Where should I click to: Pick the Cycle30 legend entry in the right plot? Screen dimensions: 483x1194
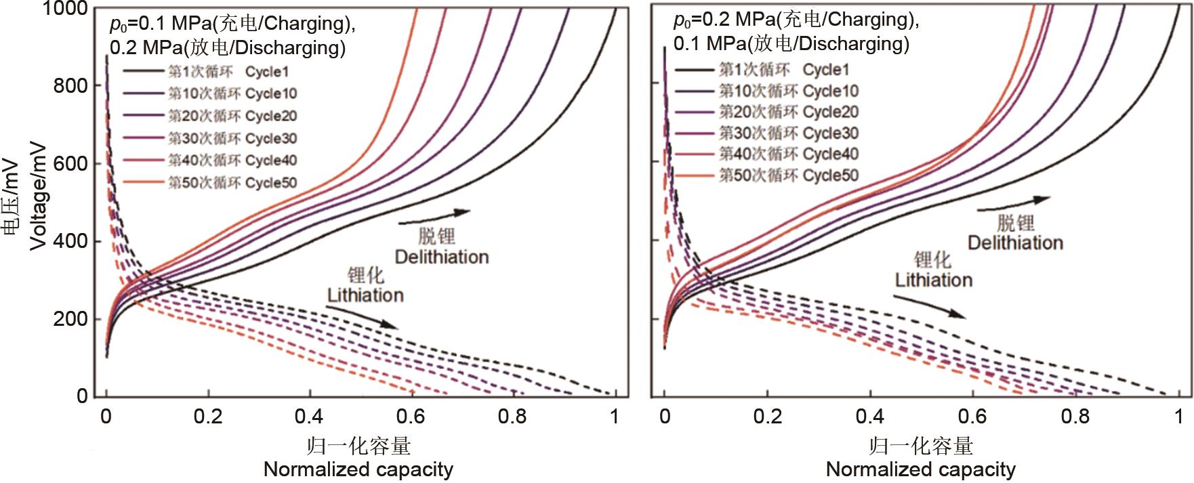coord(788,133)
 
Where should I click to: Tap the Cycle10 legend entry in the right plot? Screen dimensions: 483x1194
coord(788,91)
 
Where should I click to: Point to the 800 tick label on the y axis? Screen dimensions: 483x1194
coord(70,86)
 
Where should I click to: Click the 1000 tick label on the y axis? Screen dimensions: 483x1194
coord(65,9)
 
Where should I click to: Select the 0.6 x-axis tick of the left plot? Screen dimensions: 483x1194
coord(411,417)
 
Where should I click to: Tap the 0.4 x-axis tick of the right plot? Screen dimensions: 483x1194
coord(870,417)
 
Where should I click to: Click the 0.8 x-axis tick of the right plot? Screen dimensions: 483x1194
coord(1075,417)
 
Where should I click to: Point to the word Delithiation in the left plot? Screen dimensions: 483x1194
coord(442,257)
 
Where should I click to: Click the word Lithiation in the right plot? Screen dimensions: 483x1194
coord(933,280)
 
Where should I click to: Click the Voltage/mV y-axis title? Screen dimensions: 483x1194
coord(39,196)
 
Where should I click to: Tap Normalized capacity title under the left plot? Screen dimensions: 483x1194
coord(358,469)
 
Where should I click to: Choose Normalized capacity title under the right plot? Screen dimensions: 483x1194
coord(920,469)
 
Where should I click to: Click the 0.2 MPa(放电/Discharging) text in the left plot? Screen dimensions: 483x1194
coord(228,48)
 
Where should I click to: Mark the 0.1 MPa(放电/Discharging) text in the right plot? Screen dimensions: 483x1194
coord(791,44)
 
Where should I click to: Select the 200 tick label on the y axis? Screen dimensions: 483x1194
coord(70,319)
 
